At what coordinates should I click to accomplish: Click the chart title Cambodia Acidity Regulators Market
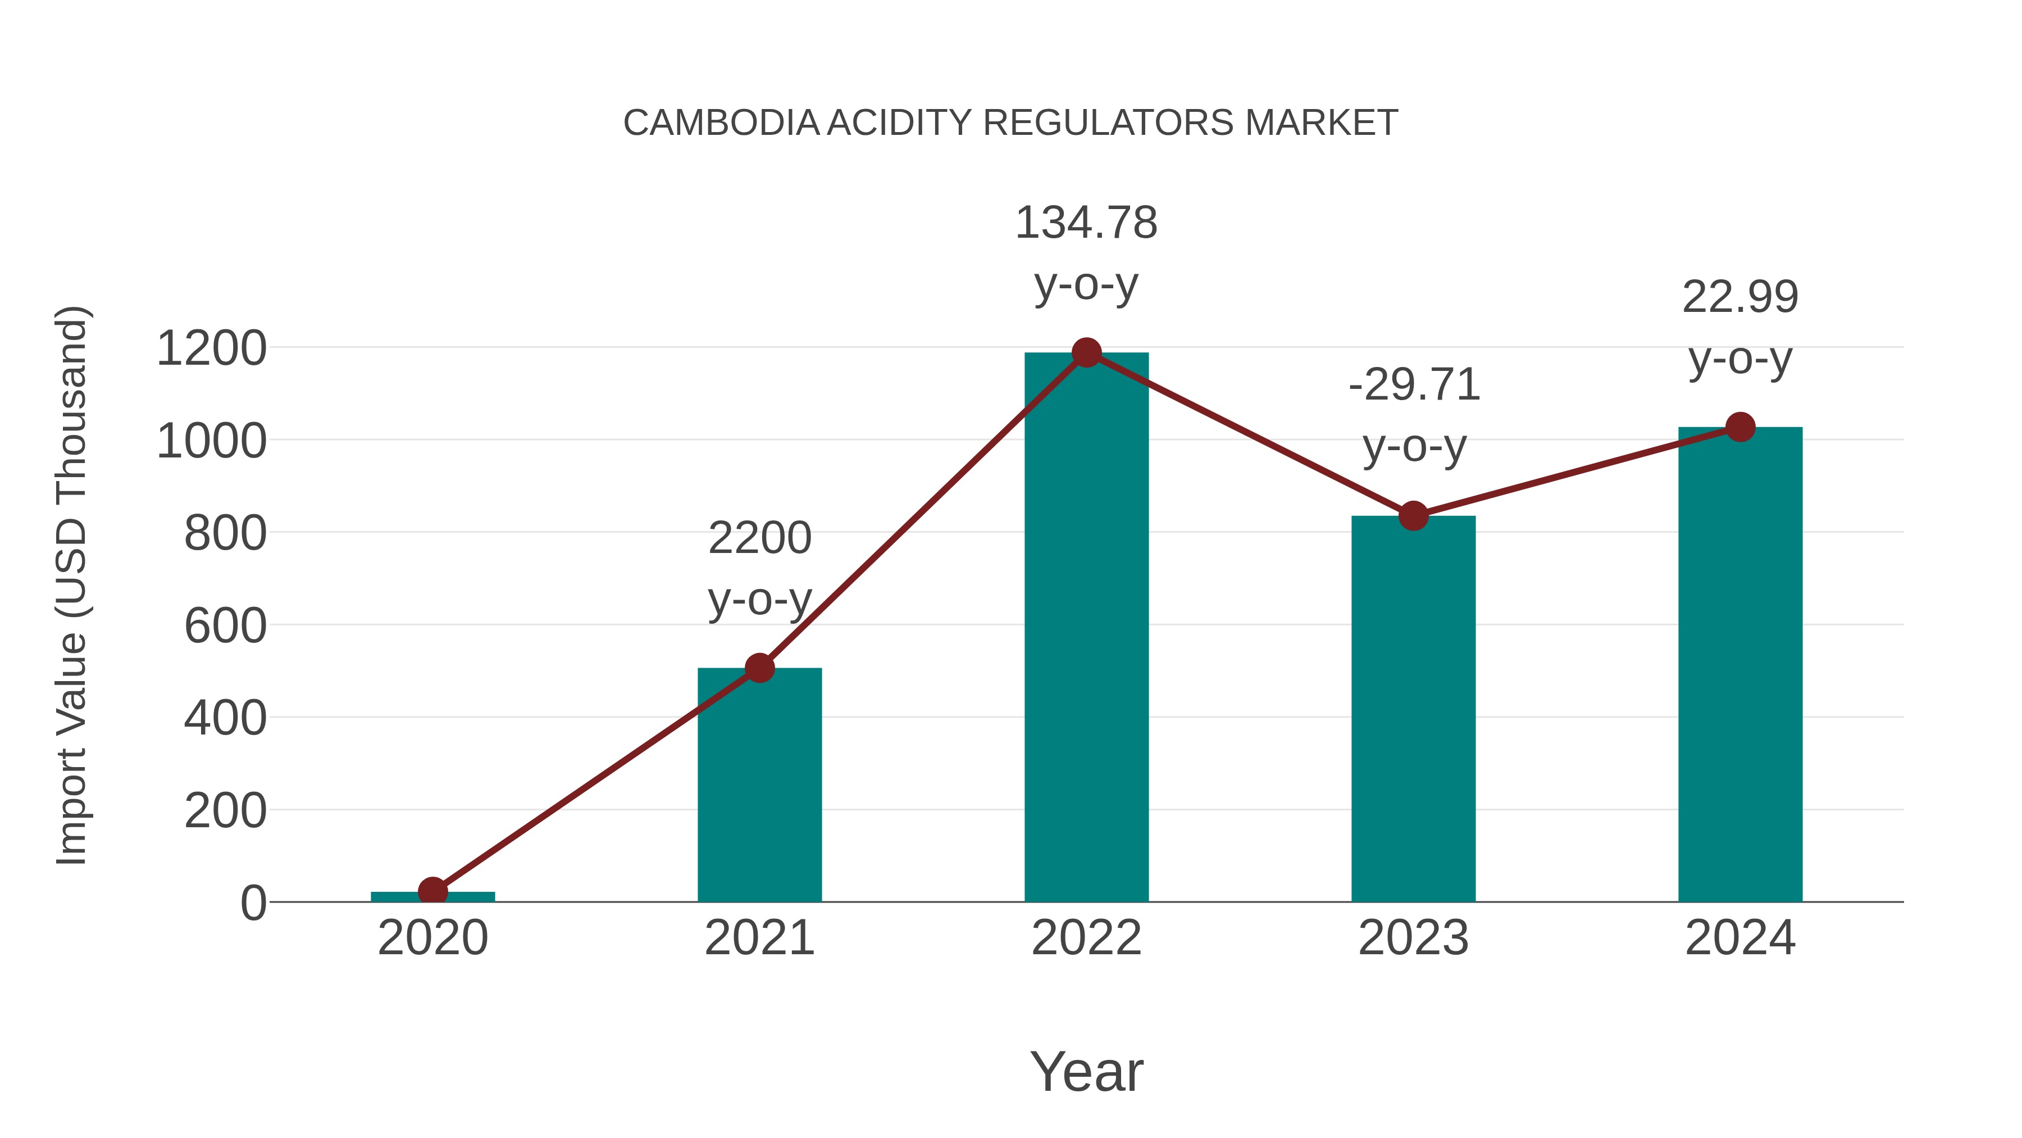coord(1010,123)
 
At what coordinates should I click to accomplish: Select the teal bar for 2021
coord(759,786)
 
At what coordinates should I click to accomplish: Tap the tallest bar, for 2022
coord(1086,628)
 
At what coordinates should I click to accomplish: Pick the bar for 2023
coord(1413,707)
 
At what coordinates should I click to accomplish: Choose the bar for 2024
coord(1740,668)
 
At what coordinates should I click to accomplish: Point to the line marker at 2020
coord(432,891)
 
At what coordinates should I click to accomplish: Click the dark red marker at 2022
coord(1086,352)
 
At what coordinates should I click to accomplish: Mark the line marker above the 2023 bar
coord(1413,516)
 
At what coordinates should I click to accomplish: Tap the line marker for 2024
coord(1740,427)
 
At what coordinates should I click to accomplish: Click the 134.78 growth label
coord(1086,223)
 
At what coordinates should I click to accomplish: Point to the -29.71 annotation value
coord(1414,386)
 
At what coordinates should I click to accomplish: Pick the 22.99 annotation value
coord(1740,298)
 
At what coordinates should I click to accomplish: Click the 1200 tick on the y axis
coord(212,348)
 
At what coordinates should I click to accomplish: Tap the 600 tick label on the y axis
coord(225,627)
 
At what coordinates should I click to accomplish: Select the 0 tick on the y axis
coord(253,903)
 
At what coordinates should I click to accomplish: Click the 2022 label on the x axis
coord(1086,938)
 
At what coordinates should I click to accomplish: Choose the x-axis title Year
coord(1086,1072)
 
